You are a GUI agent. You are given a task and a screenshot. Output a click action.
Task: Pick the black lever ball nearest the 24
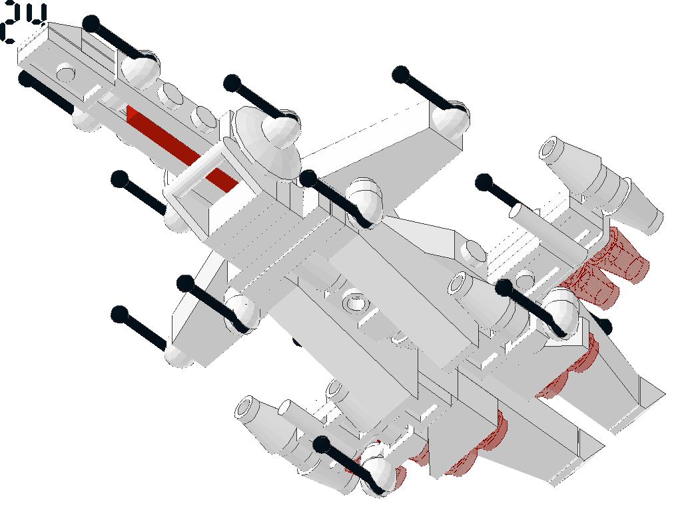coord(91,24)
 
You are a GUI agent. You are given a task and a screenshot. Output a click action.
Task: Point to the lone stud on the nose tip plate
coord(66,72)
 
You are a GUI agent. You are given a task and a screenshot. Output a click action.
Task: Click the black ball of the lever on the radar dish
coord(232,83)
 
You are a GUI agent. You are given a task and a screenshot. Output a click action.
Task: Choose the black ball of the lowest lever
coord(322,445)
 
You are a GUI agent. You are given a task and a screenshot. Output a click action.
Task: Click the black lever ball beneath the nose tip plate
coord(26,79)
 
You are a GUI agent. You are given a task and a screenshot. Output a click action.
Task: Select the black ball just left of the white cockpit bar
coord(120,179)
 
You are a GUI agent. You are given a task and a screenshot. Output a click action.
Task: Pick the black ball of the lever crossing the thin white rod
coord(484,182)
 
